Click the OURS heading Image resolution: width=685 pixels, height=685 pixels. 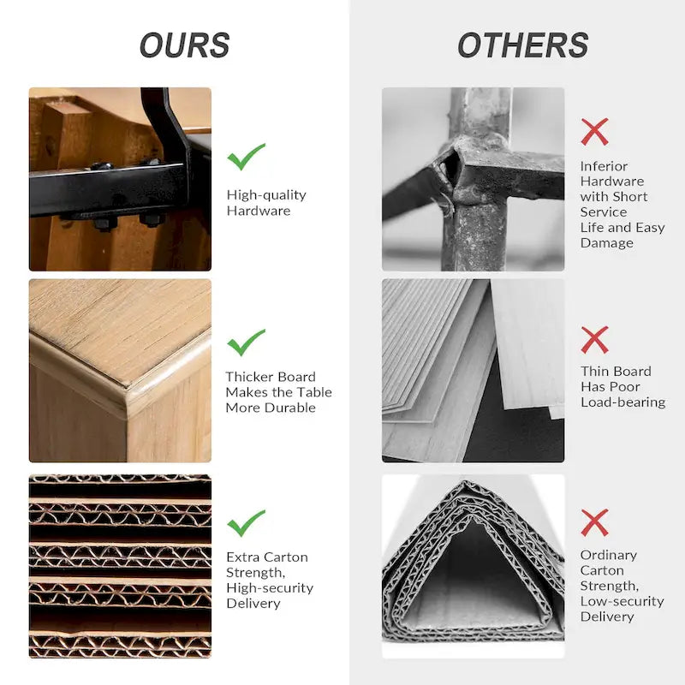coord(184,45)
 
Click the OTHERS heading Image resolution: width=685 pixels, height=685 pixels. coord(523,45)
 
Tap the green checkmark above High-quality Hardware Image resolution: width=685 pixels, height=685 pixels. coord(246,157)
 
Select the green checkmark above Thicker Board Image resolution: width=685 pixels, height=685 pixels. coord(246,342)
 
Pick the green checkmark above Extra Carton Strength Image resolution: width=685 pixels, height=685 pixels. coord(246,523)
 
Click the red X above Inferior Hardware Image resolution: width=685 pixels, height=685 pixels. coord(594,132)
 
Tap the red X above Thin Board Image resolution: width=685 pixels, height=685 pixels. coord(594,339)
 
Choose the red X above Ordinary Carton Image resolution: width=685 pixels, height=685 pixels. coord(594,522)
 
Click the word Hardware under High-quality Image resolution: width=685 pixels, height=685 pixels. coord(259,211)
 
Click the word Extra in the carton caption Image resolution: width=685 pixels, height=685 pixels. coord(243,557)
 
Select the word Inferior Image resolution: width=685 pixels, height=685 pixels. coord(604,166)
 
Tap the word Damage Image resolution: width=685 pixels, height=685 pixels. coord(607,243)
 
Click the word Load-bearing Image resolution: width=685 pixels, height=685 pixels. coord(623,402)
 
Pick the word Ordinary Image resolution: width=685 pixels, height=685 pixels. coord(609,556)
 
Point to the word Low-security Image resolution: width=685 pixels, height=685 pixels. coord(622,602)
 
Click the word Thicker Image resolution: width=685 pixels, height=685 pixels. coord(247,377)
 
